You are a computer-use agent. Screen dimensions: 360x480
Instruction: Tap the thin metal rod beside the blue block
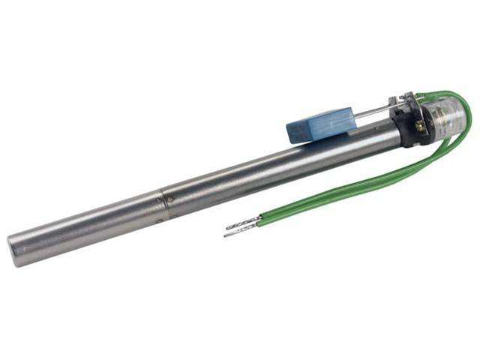point(371,112)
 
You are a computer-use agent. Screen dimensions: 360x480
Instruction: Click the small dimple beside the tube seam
point(170,199)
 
